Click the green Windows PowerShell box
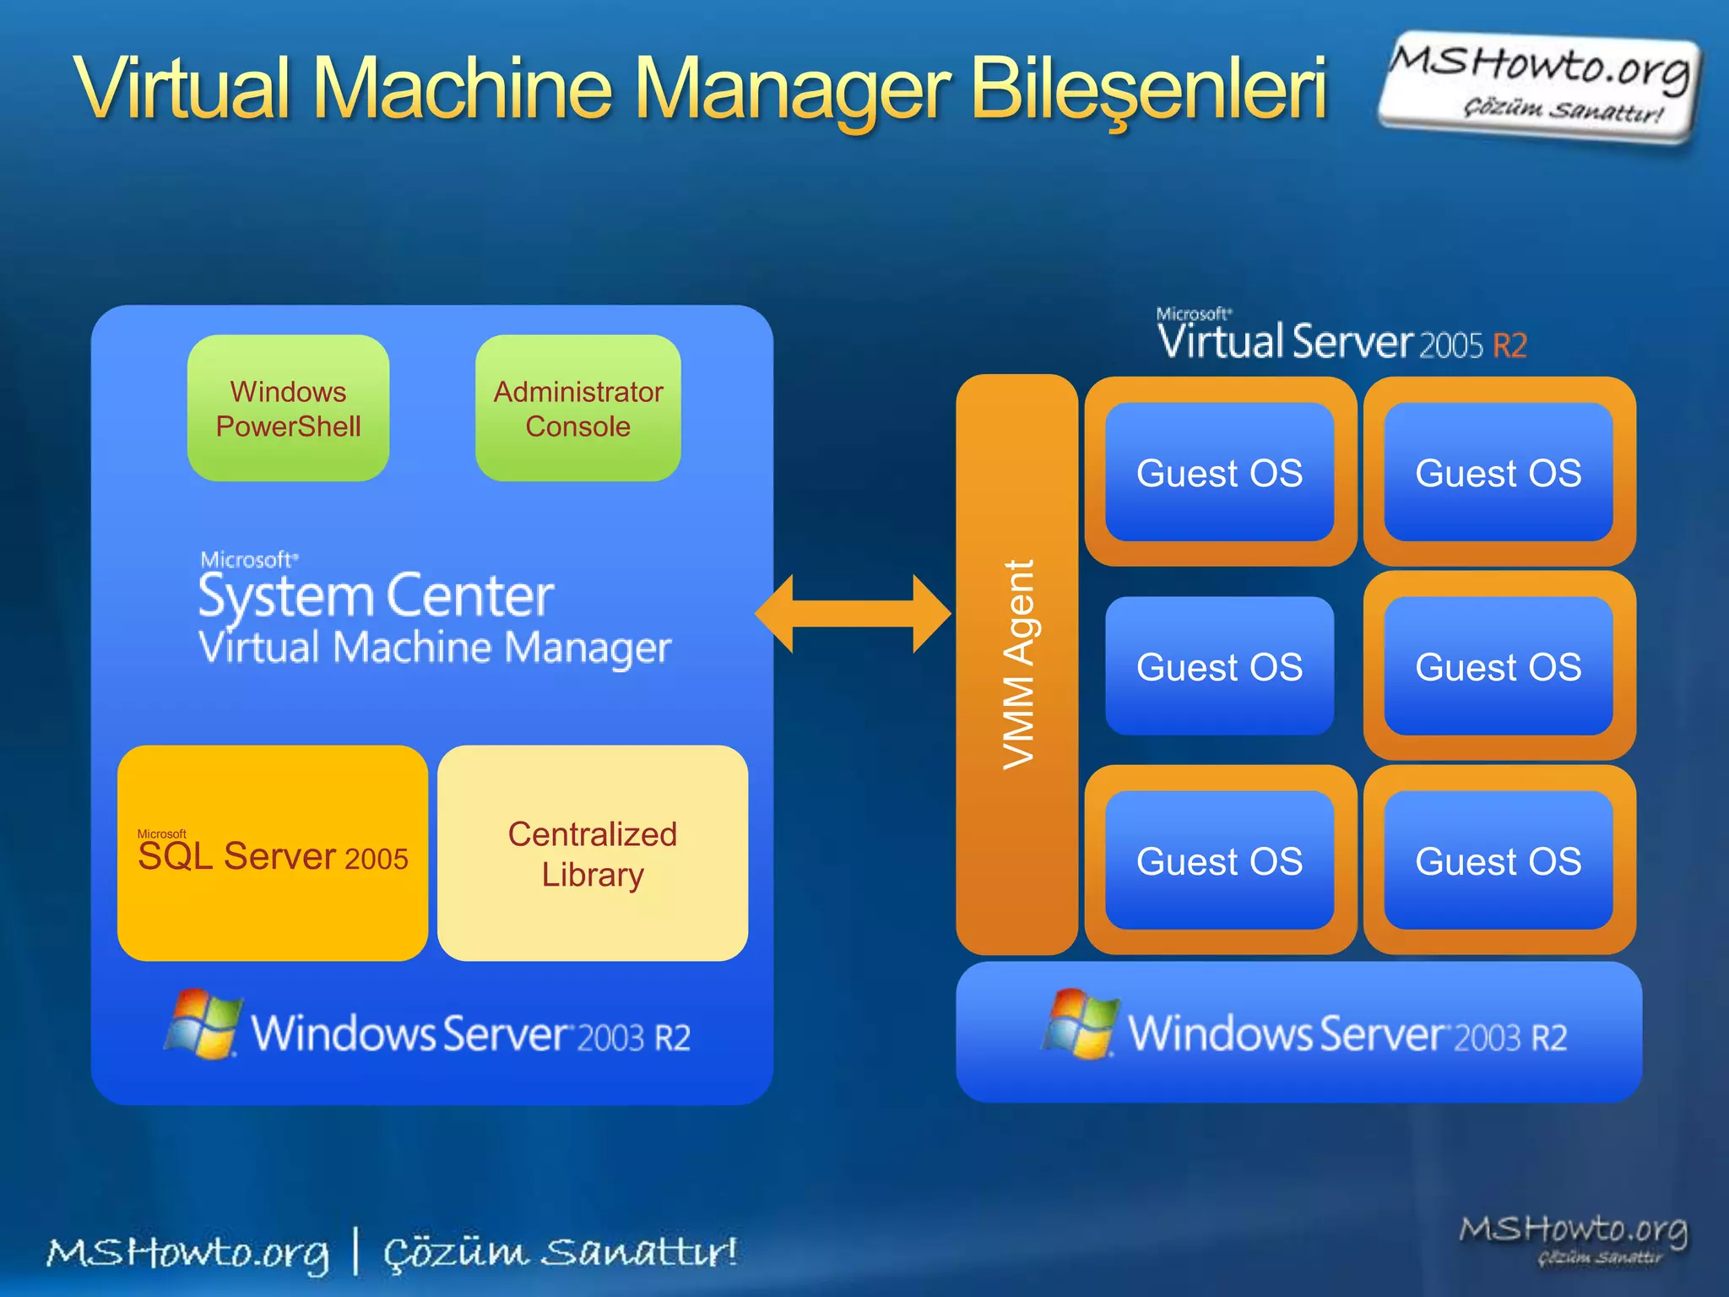288,409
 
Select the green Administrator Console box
578,409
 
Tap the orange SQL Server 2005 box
272,853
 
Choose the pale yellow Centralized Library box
593,853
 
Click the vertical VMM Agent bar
1017,665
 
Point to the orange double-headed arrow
853,614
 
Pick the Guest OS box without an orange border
1219,666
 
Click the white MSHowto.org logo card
1540,86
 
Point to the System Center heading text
377,596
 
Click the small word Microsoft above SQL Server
161,833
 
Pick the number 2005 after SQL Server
377,860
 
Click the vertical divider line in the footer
356,1251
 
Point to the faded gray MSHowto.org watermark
1574,1238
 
